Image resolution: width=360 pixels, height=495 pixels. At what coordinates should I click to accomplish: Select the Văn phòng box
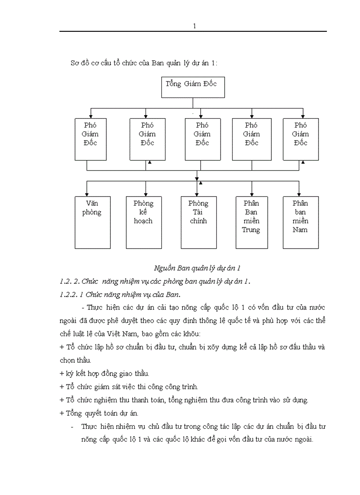point(93,222)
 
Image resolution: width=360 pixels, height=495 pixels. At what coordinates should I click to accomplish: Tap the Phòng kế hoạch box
point(143,222)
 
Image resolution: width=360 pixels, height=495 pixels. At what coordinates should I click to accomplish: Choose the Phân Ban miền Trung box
point(251,222)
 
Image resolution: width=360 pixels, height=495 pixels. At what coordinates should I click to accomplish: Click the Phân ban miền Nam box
point(300,222)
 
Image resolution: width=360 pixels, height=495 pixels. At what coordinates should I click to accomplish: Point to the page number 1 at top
point(194,26)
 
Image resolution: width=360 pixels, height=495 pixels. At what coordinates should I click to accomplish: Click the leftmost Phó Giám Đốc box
point(90,138)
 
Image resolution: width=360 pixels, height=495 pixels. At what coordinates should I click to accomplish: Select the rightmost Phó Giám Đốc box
point(300,138)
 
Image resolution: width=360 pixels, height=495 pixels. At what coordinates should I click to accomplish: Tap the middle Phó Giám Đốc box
point(202,138)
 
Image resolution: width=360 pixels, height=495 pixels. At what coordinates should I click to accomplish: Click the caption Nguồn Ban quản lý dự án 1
point(197,268)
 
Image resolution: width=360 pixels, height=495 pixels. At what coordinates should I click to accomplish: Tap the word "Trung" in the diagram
point(251,230)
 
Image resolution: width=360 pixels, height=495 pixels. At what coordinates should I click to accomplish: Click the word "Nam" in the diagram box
point(300,230)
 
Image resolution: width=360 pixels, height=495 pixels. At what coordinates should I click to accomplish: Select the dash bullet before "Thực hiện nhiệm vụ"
point(72,427)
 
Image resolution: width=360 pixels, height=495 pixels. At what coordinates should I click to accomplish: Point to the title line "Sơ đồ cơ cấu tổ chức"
point(144,63)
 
